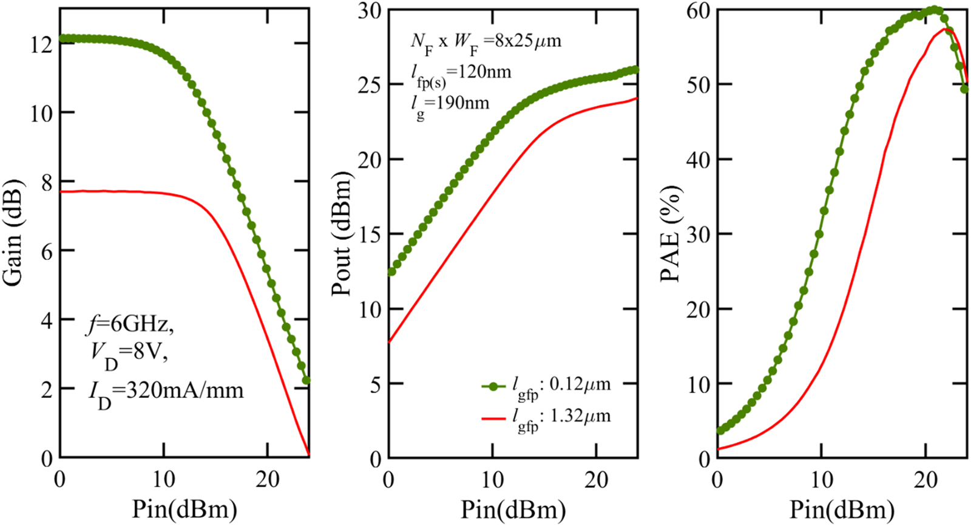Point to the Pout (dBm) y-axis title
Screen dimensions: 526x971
coord(341,234)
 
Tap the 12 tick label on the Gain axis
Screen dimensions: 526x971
coord(42,44)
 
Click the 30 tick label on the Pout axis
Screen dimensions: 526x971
coord(369,10)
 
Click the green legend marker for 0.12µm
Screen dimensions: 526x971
coord(493,386)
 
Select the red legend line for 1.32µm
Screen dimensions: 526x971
coord(493,418)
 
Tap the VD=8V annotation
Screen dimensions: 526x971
coord(129,354)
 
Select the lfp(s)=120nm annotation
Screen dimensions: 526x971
coord(461,73)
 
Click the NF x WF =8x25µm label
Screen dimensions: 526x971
coord(486,42)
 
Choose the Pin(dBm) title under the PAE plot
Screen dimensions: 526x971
coord(842,509)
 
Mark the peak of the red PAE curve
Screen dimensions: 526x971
coord(945,29)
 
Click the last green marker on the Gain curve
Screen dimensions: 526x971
coord(306,381)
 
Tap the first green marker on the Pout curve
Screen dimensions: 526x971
coord(391,272)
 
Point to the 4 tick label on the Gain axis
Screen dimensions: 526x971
coord(47,320)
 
